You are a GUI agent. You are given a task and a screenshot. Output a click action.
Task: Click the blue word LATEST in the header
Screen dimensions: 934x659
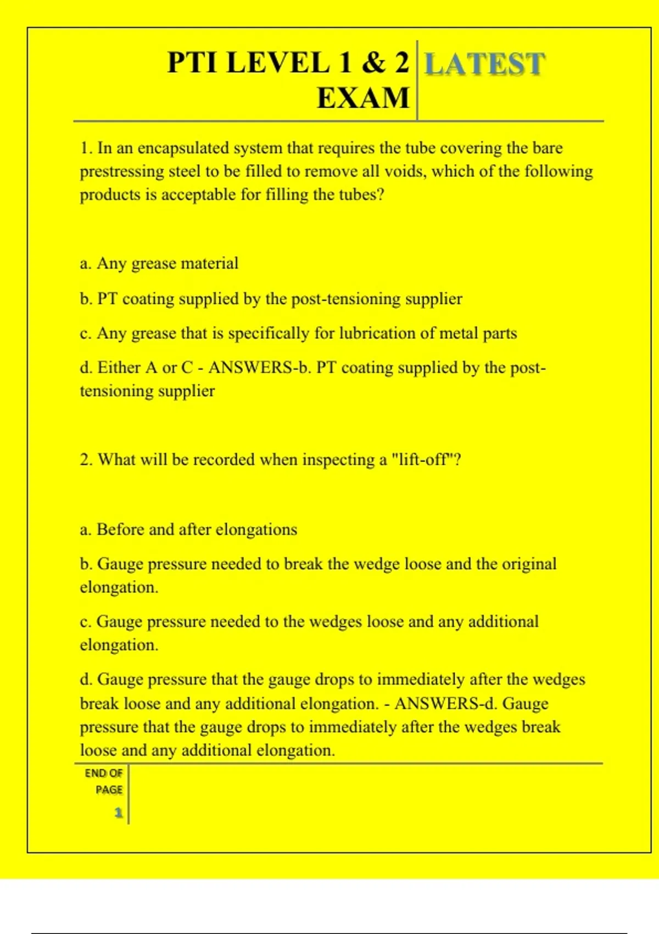tap(485, 64)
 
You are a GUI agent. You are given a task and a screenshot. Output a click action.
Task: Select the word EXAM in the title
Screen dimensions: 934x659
tap(363, 98)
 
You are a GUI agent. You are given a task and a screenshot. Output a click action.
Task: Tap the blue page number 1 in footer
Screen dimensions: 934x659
tap(118, 813)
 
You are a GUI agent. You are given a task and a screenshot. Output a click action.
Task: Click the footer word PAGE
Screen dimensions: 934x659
tap(109, 790)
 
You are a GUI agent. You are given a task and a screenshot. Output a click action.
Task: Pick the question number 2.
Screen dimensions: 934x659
tap(86, 459)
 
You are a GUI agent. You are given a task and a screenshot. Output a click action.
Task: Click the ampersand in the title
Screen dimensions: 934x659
tap(373, 62)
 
